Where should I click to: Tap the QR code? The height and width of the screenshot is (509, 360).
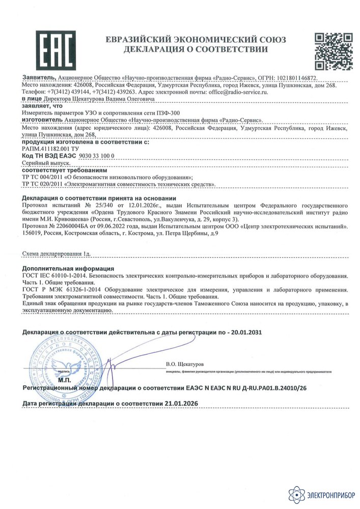coord(332,51)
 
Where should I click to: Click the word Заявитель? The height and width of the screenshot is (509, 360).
coord(39,78)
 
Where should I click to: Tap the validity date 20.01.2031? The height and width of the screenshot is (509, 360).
coord(243,332)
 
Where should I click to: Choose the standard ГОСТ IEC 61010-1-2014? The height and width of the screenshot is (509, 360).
coord(54,275)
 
